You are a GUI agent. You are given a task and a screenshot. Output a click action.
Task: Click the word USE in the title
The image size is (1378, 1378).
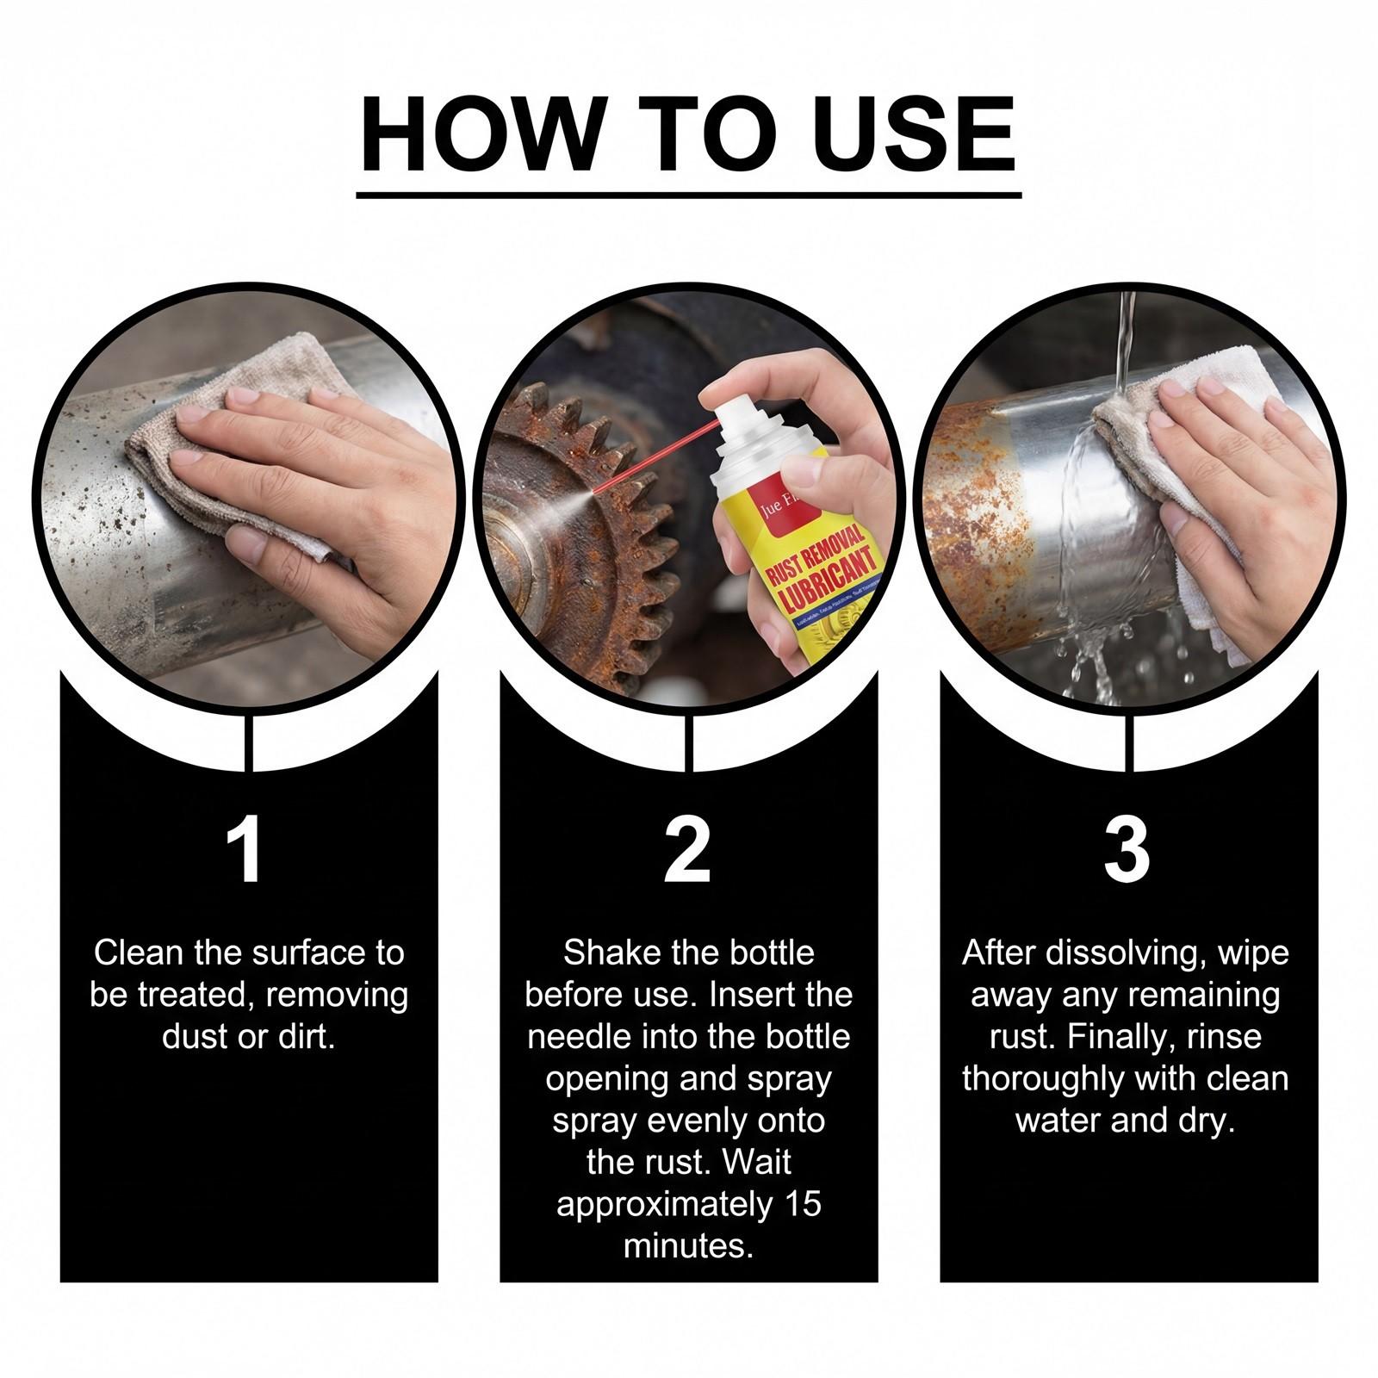(x=913, y=136)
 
